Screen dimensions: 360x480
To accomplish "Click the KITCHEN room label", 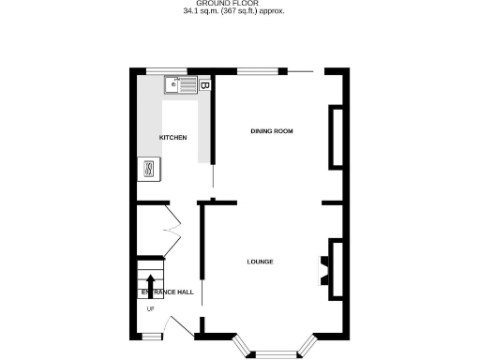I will pyautogui.click(x=172, y=138).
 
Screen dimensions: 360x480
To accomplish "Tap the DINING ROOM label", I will pyautogui.click(x=272, y=131).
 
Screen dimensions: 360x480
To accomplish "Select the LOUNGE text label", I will pyautogui.click(x=260, y=262).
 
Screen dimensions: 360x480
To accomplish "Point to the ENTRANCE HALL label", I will pyautogui.click(x=168, y=292).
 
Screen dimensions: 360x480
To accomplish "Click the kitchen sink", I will pyautogui.click(x=180, y=86).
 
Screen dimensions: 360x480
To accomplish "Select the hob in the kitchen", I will pyautogui.click(x=148, y=168).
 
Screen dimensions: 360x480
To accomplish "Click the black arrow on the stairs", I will pyautogui.click(x=151, y=284).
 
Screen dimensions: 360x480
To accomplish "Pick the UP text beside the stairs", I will pyautogui.click(x=150, y=308).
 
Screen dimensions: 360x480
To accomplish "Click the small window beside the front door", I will pyautogui.click(x=150, y=335).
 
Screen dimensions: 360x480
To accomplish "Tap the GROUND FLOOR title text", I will pyautogui.click(x=233, y=5).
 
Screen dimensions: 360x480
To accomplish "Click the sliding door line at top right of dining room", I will pyautogui.click(x=301, y=71).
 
